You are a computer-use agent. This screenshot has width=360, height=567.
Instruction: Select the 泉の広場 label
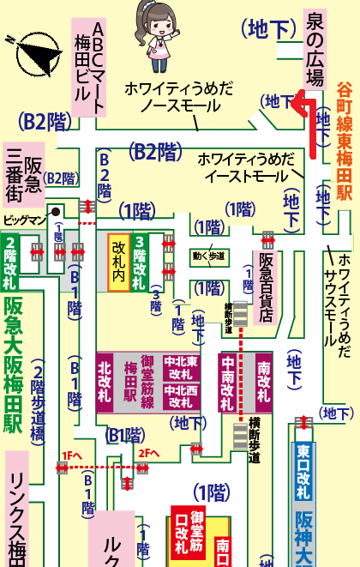[315, 48]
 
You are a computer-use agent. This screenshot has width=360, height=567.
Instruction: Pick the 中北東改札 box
[182, 367]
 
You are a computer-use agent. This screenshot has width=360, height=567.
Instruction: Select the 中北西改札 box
[182, 395]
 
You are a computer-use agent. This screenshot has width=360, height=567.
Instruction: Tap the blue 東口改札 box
[302, 471]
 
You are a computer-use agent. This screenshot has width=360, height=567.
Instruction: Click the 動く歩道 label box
[209, 256]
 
